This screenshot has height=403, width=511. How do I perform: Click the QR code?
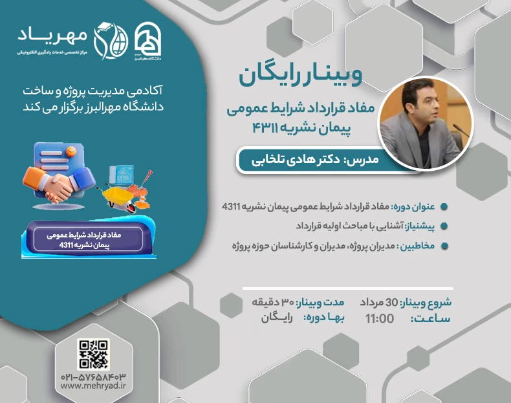click(x=93, y=354)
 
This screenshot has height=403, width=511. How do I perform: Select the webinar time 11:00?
click(x=380, y=319)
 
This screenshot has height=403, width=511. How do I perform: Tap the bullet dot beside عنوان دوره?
click(x=443, y=207)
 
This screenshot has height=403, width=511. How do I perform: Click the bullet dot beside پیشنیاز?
click(x=443, y=226)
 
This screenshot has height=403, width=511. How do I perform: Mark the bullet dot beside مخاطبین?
click(x=443, y=246)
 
